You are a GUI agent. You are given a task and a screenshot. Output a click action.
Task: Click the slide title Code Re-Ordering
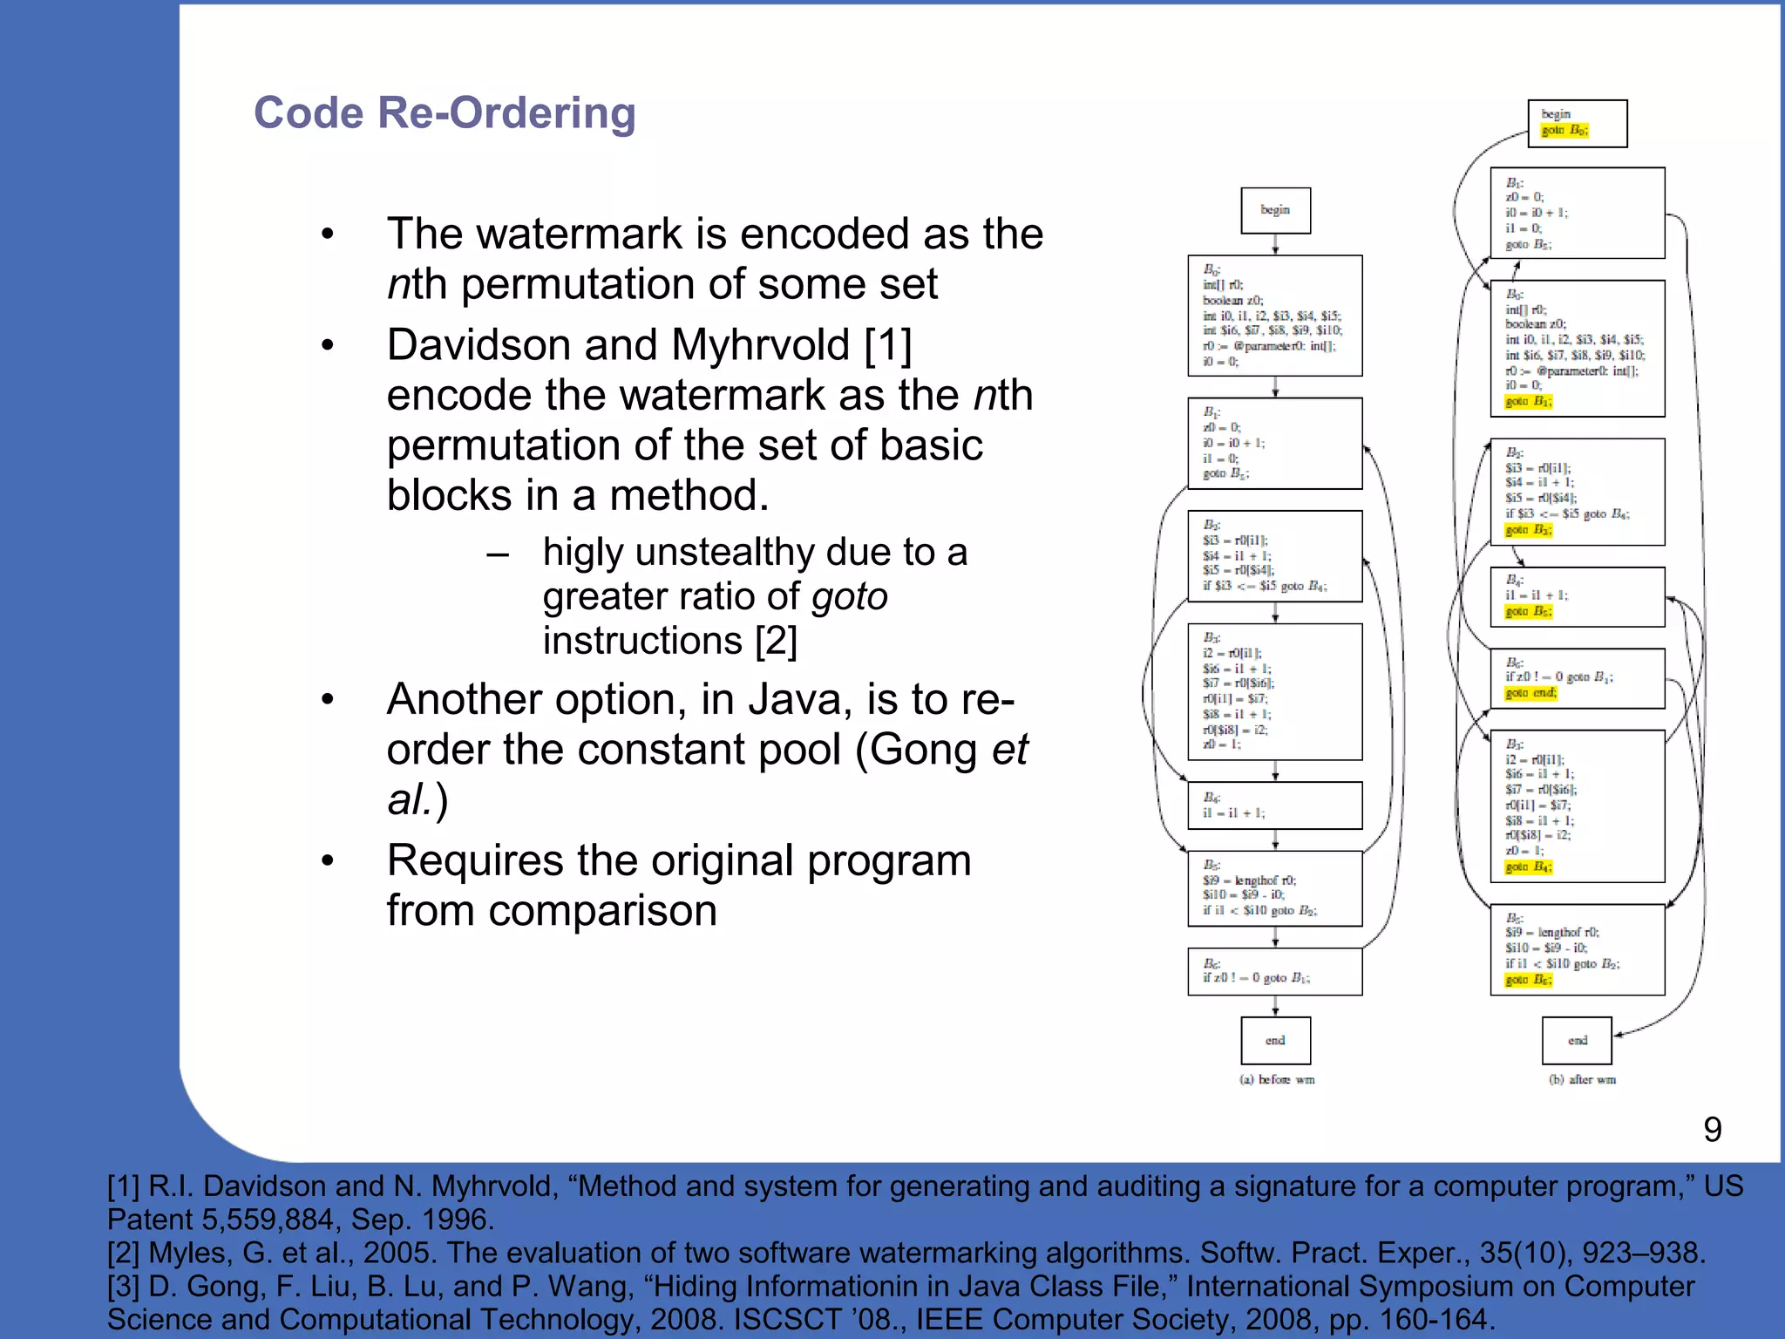(x=445, y=113)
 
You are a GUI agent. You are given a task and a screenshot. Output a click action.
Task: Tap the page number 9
(x=1712, y=1130)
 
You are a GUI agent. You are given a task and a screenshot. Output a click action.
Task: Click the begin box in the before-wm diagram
(x=1275, y=210)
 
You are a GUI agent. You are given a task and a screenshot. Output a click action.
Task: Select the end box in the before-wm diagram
(x=1275, y=1040)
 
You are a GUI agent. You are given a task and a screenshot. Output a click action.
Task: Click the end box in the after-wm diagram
(x=1577, y=1040)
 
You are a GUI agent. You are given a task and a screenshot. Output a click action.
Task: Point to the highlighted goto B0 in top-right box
(x=1564, y=131)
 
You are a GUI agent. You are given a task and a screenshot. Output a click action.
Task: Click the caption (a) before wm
(x=1277, y=1079)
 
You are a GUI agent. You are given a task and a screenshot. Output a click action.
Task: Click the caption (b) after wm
(x=1582, y=1079)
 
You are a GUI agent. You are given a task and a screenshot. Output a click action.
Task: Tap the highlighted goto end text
(x=1530, y=693)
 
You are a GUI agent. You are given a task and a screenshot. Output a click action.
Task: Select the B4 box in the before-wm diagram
(x=1275, y=805)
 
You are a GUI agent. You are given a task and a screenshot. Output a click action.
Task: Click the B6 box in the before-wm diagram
(x=1275, y=971)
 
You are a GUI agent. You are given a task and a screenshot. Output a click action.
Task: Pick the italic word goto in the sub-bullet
(x=849, y=597)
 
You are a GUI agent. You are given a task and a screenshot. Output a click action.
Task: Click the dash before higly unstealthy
(x=498, y=554)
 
